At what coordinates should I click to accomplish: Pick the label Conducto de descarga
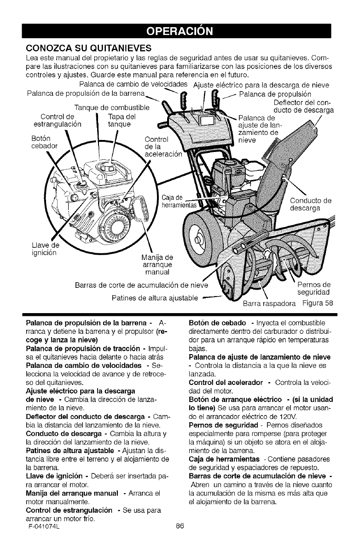coord(311,204)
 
